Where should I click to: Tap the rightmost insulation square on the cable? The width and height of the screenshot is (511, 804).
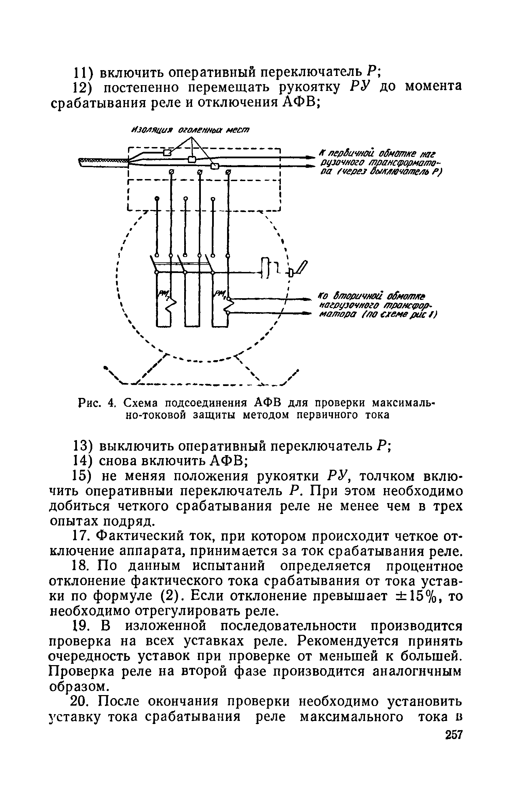(214, 166)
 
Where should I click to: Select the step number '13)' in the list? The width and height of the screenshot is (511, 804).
(83, 446)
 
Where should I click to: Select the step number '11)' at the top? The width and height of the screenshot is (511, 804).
(82, 72)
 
